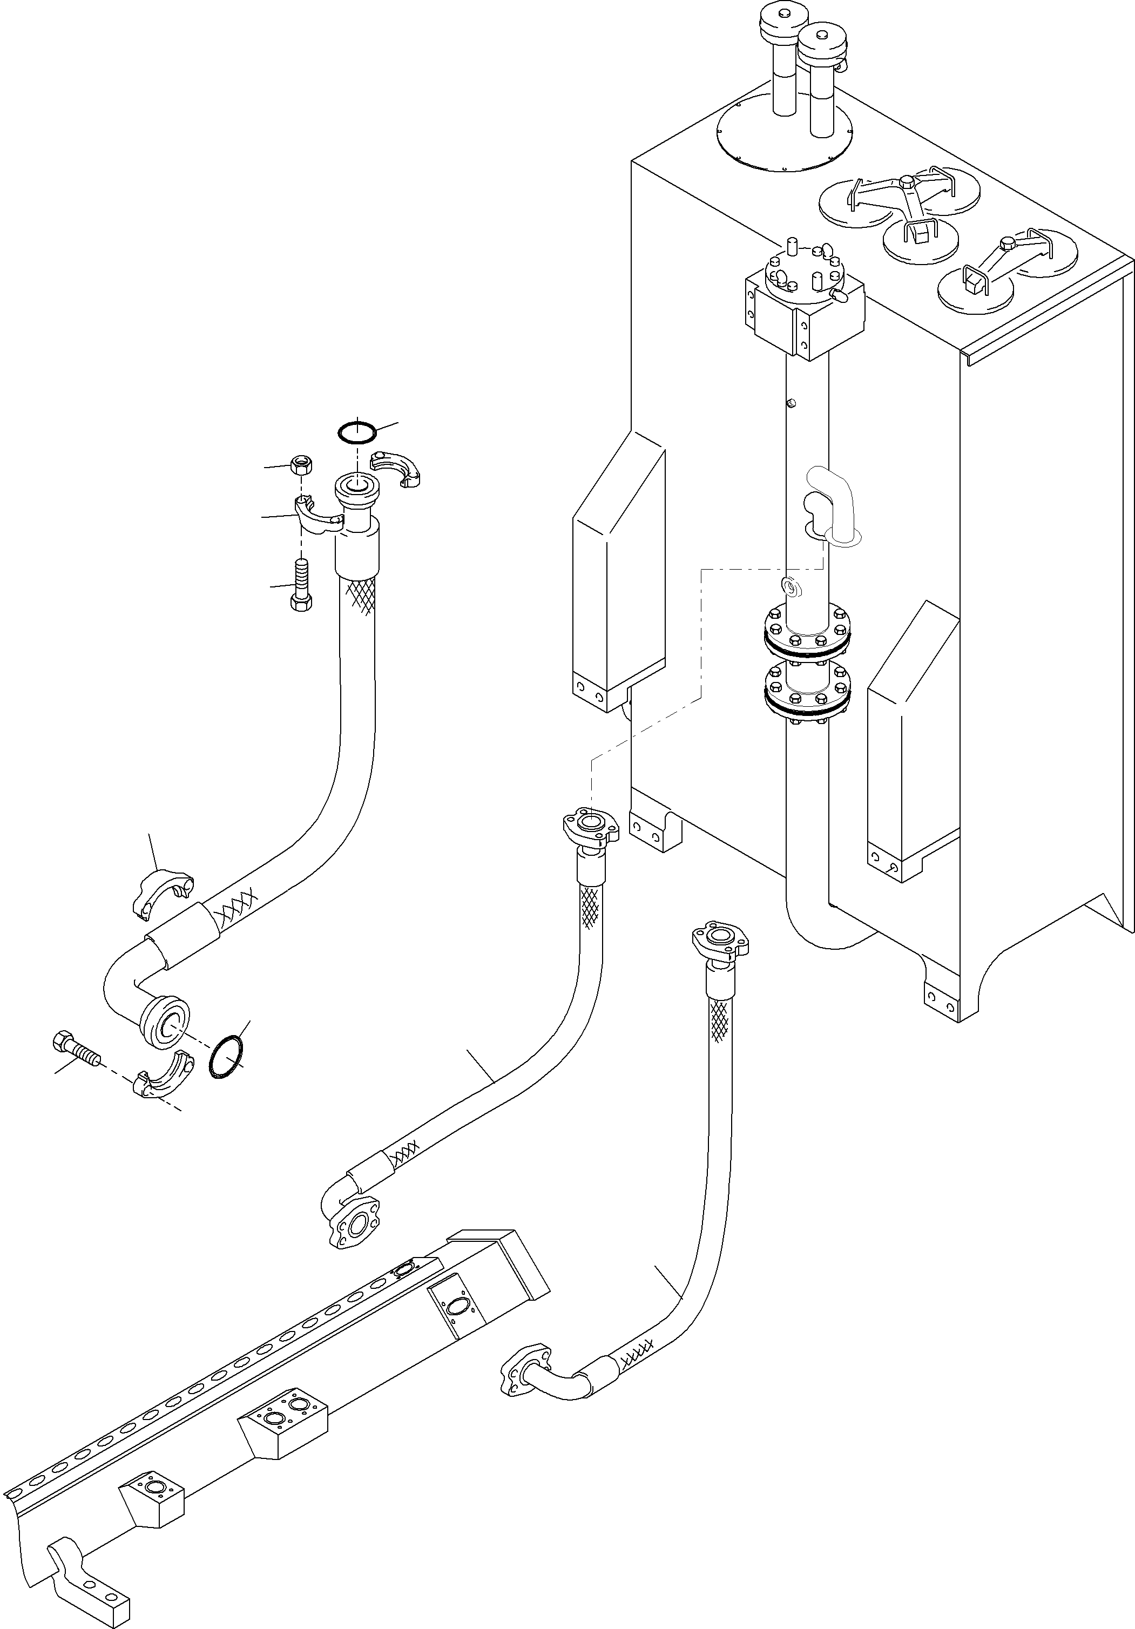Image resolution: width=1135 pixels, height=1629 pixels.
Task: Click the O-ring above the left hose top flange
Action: (357, 431)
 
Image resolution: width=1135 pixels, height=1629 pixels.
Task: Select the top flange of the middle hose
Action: (590, 827)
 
